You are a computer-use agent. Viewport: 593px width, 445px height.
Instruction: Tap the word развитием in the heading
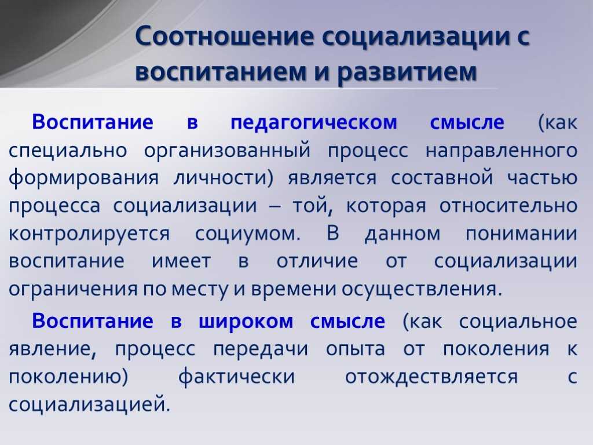pyautogui.click(x=407, y=71)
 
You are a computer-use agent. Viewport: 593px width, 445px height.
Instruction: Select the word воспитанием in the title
pyautogui.click(x=221, y=71)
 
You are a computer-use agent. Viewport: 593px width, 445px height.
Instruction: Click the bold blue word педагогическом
pyautogui.click(x=314, y=123)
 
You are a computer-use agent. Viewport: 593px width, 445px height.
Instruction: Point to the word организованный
pyautogui.click(x=227, y=151)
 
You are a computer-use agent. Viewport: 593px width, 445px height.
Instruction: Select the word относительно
pyautogui.click(x=508, y=206)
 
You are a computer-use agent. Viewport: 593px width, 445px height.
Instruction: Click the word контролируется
pyautogui.click(x=89, y=234)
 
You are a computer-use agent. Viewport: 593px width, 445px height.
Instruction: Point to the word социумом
pyautogui.click(x=248, y=234)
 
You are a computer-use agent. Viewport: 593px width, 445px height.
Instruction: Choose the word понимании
pyautogui.click(x=522, y=234)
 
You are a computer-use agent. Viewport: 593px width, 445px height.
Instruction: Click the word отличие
pyautogui.click(x=317, y=262)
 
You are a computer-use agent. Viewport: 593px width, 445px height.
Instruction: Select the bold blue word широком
pyautogui.click(x=246, y=322)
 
